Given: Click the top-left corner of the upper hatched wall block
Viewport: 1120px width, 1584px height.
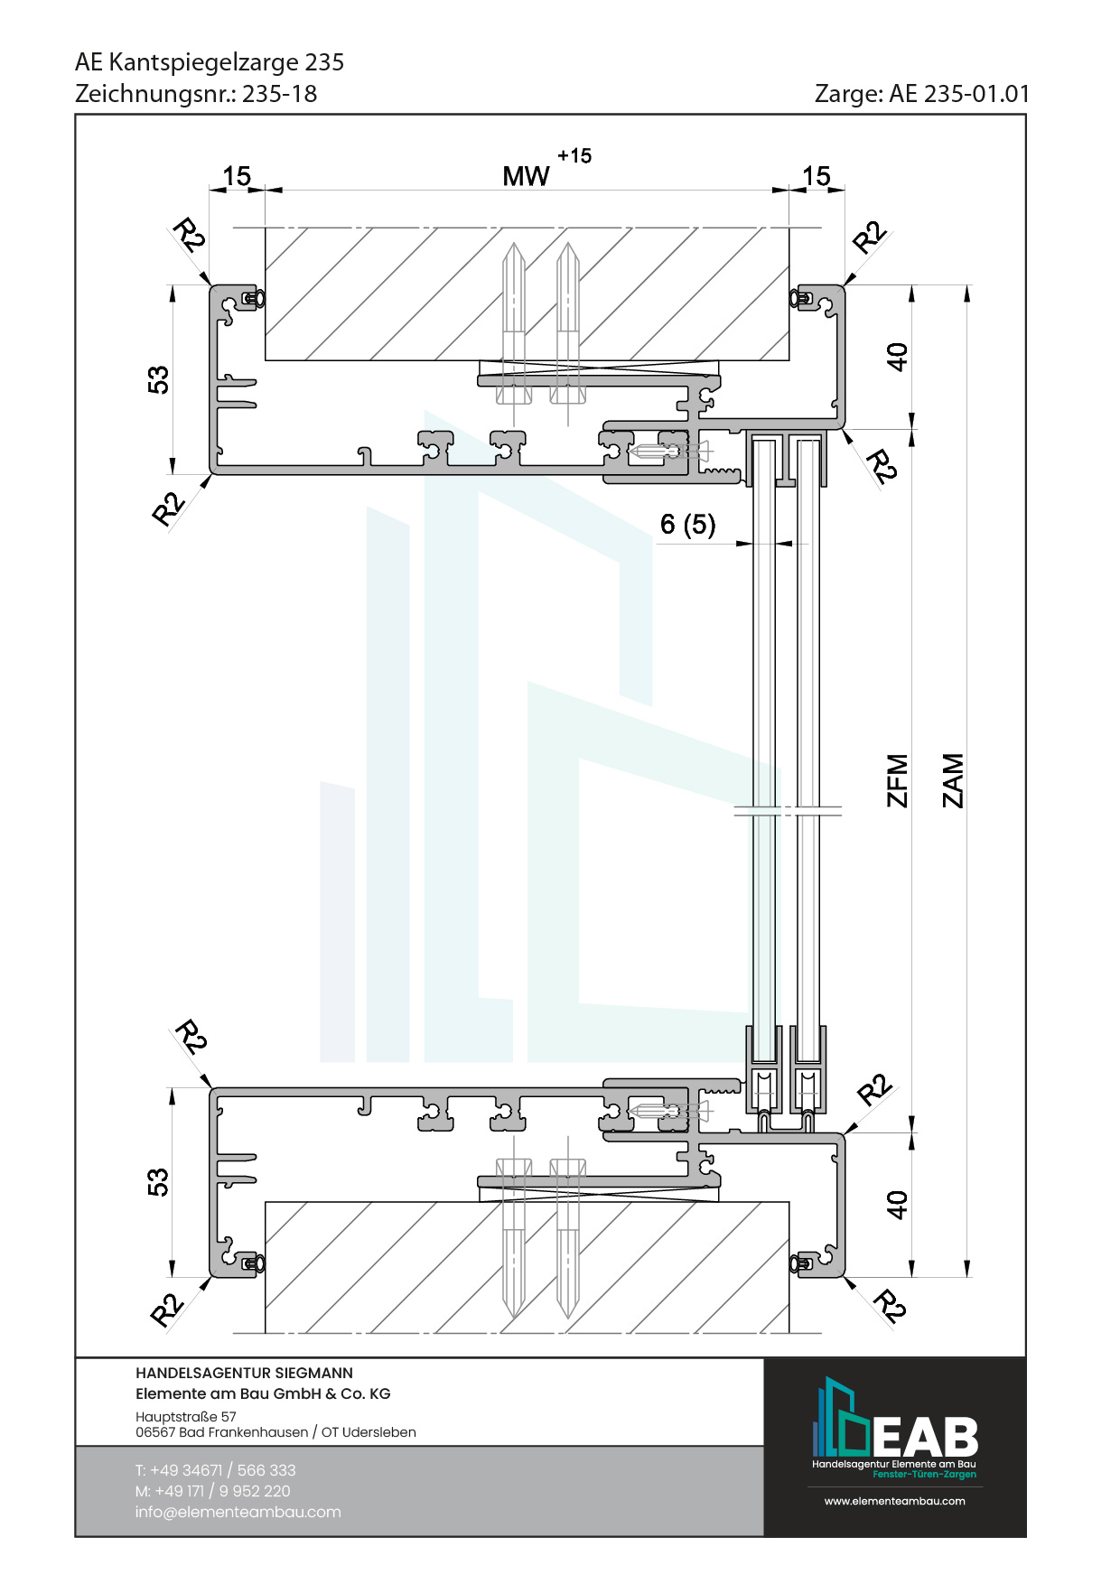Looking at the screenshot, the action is point(265,228).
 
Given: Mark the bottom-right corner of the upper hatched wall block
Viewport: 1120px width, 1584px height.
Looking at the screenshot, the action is point(789,360).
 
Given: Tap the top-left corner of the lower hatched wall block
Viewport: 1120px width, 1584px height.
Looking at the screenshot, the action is point(265,1201).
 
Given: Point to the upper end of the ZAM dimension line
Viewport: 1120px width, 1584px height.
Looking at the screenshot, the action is point(967,285).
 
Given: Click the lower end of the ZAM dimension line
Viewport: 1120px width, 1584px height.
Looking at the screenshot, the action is point(967,1277).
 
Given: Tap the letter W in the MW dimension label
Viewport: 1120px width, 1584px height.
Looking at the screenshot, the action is point(537,176).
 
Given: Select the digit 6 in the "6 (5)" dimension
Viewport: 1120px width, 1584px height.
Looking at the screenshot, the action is point(667,524).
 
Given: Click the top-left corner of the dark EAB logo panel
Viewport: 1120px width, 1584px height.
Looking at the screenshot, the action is point(764,1358).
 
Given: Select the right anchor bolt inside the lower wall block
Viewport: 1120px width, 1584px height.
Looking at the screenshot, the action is point(567,1238).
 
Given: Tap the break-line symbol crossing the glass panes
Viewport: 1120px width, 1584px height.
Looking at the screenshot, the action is point(788,811).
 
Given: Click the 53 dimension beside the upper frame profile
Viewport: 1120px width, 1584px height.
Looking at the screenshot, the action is point(158,379).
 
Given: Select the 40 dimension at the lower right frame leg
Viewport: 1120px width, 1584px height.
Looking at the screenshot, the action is point(896,1204).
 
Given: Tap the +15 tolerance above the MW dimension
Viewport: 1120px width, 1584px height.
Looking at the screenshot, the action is point(574,155).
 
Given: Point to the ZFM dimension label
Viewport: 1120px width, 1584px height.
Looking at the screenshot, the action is point(897,780).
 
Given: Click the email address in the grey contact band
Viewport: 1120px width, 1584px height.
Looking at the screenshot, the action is point(238,1512).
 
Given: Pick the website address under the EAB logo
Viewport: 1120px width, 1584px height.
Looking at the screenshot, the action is point(894,1501).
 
